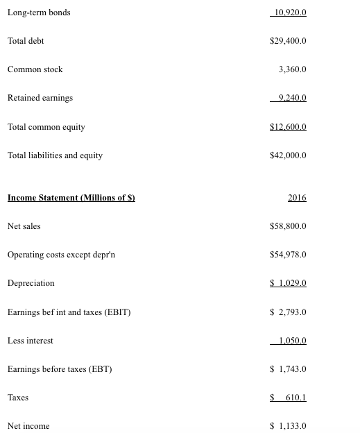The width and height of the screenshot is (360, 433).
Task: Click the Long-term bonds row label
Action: point(39,12)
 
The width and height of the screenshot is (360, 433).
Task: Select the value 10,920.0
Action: point(290,12)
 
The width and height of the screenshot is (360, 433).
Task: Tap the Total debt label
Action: point(26,41)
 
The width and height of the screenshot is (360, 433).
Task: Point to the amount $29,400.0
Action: point(288,41)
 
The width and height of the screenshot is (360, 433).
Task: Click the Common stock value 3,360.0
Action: point(292,69)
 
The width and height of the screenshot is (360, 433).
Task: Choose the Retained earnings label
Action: point(40,98)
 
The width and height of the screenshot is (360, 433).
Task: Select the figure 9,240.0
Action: point(291,98)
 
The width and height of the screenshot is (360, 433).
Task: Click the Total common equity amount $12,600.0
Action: point(288,127)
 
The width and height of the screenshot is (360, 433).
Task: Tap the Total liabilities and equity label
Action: point(55,155)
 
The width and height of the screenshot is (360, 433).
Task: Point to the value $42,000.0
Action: point(288,155)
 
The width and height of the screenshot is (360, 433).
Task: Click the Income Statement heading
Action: point(71,198)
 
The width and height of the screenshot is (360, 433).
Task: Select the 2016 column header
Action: point(297,198)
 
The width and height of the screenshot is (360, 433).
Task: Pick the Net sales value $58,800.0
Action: point(288,226)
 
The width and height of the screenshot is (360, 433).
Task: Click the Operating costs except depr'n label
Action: point(61,255)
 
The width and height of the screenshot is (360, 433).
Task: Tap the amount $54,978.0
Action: point(288,255)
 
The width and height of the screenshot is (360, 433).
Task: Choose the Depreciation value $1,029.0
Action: point(288,283)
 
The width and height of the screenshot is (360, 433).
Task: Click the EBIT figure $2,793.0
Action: point(288,312)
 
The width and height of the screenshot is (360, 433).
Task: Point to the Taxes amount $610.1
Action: point(288,398)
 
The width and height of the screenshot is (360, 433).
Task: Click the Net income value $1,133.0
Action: point(288,426)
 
